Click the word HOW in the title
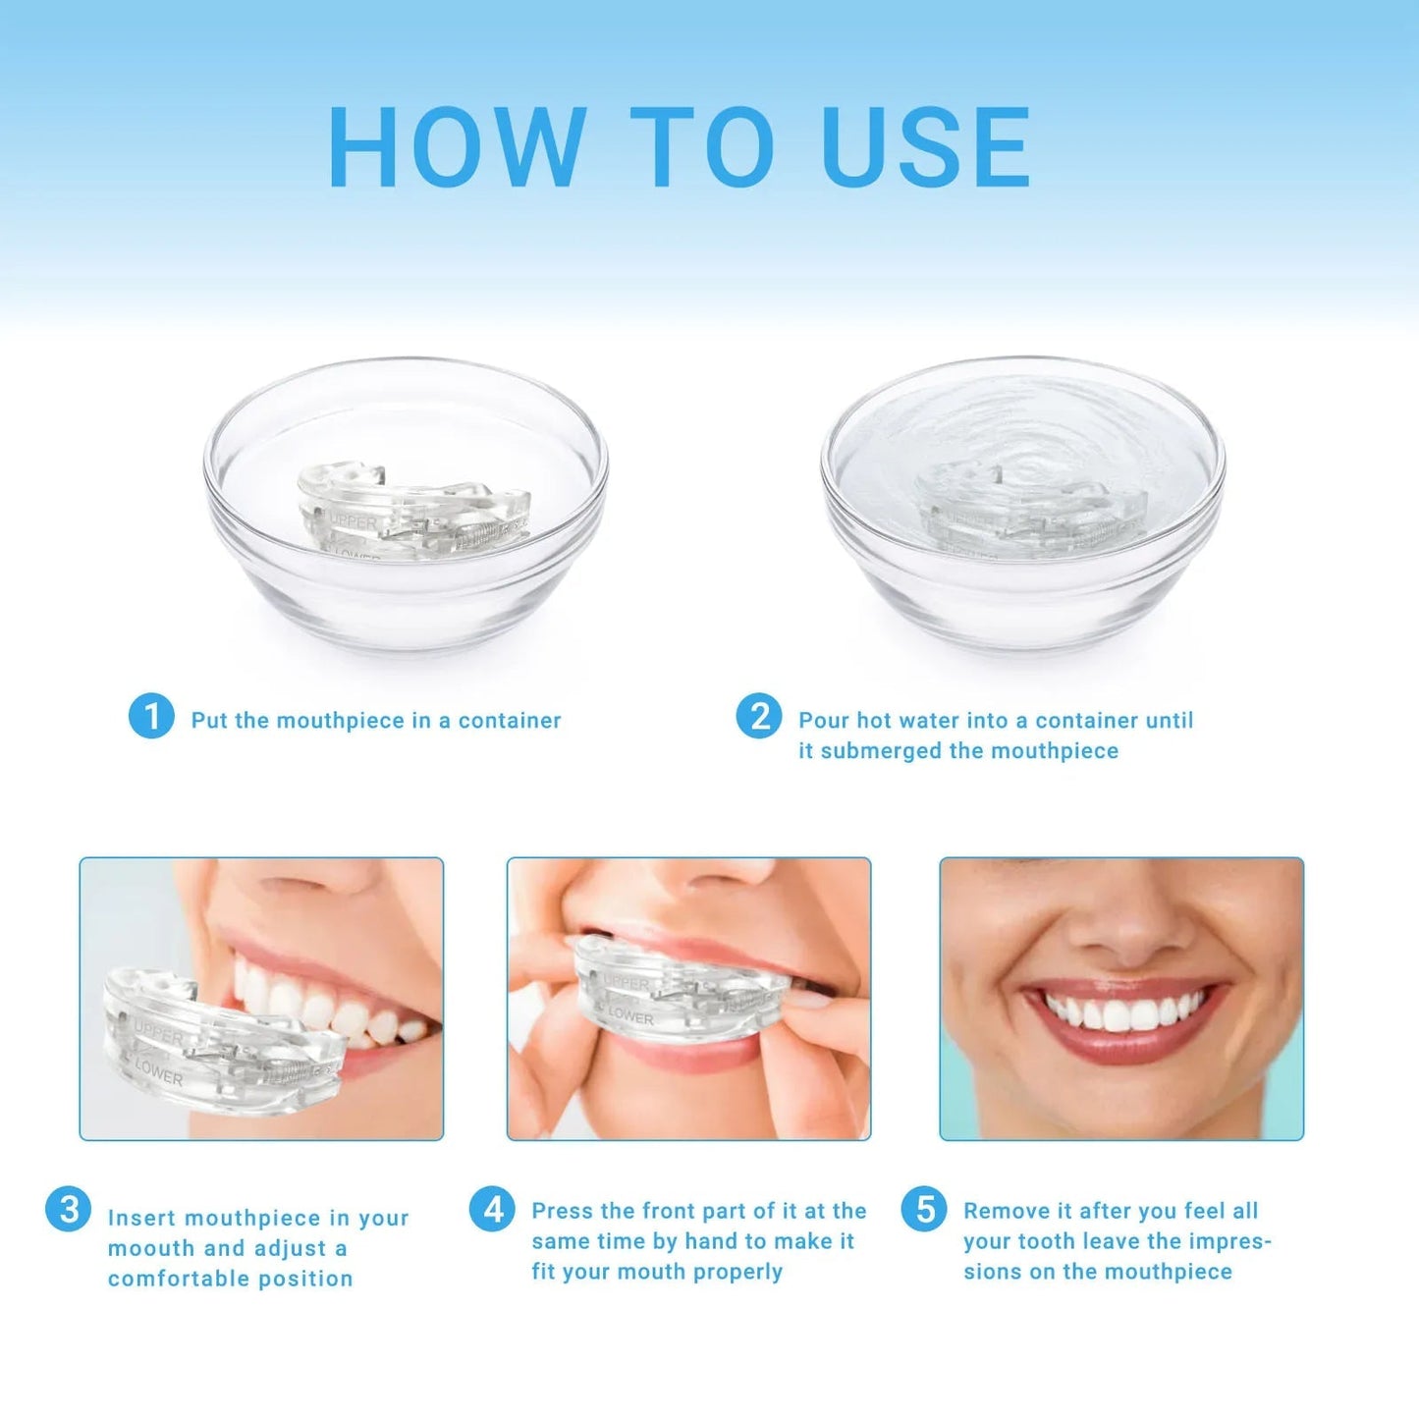pyautogui.click(x=457, y=146)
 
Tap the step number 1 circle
pyautogui.click(x=151, y=716)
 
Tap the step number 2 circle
pyautogui.click(x=759, y=716)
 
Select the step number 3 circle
pyautogui.click(x=69, y=1209)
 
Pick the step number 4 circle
pyautogui.click(x=492, y=1209)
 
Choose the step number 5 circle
pyautogui.click(x=924, y=1209)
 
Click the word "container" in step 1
pyautogui.click(x=510, y=721)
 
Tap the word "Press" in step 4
pyautogui.click(x=563, y=1211)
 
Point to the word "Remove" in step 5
pyautogui.click(x=1003, y=1211)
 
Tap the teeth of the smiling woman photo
pyautogui.click(x=1124, y=1011)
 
